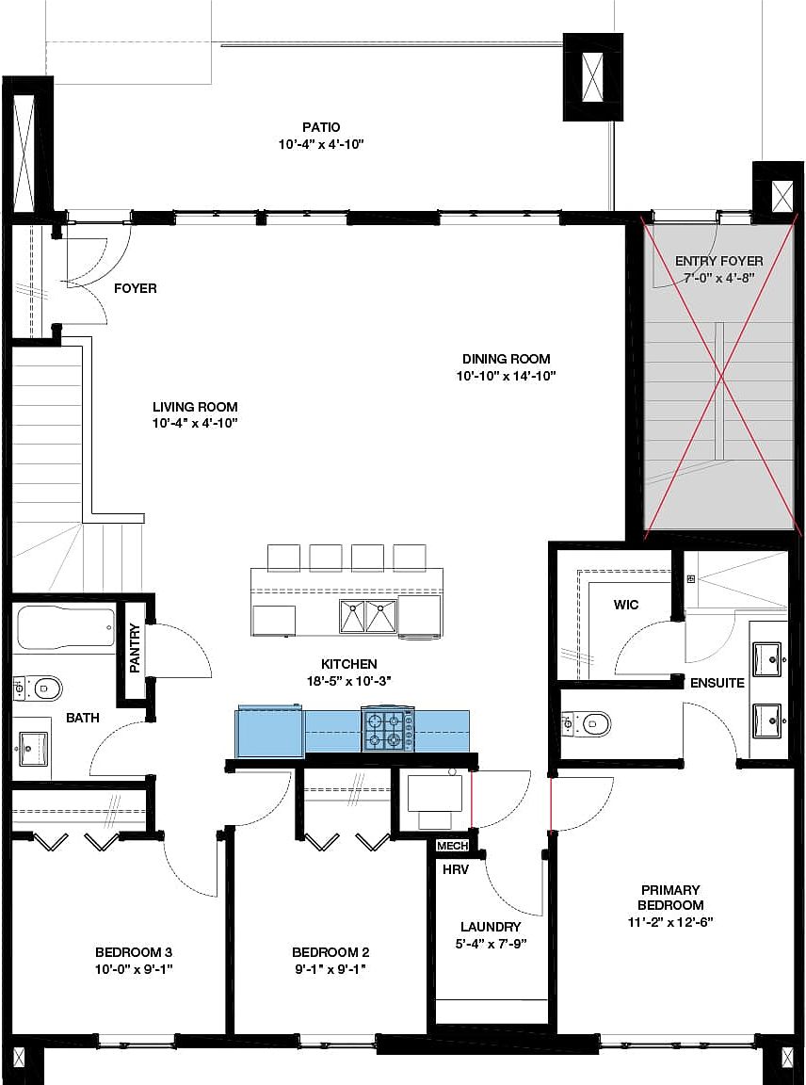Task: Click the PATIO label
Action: pos(321,127)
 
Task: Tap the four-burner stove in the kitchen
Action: pos(388,729)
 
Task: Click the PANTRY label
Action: pos(135,648)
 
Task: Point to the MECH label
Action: pos(452,847)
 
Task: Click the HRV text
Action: pos(456,868)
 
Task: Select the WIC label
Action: pos(626,605)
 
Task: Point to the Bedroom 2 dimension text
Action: pos(330,968)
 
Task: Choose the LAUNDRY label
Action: pos(491,927)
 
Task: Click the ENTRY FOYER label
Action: pos(719,261)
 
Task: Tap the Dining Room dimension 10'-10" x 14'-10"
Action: pos(507,376)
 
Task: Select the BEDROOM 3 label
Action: pos(134,952)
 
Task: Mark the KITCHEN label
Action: pos(348,664)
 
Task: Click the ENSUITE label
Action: pos(717,683)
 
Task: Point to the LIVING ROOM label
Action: pos(195,407)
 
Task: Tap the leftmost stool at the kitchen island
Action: pos(283,558)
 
